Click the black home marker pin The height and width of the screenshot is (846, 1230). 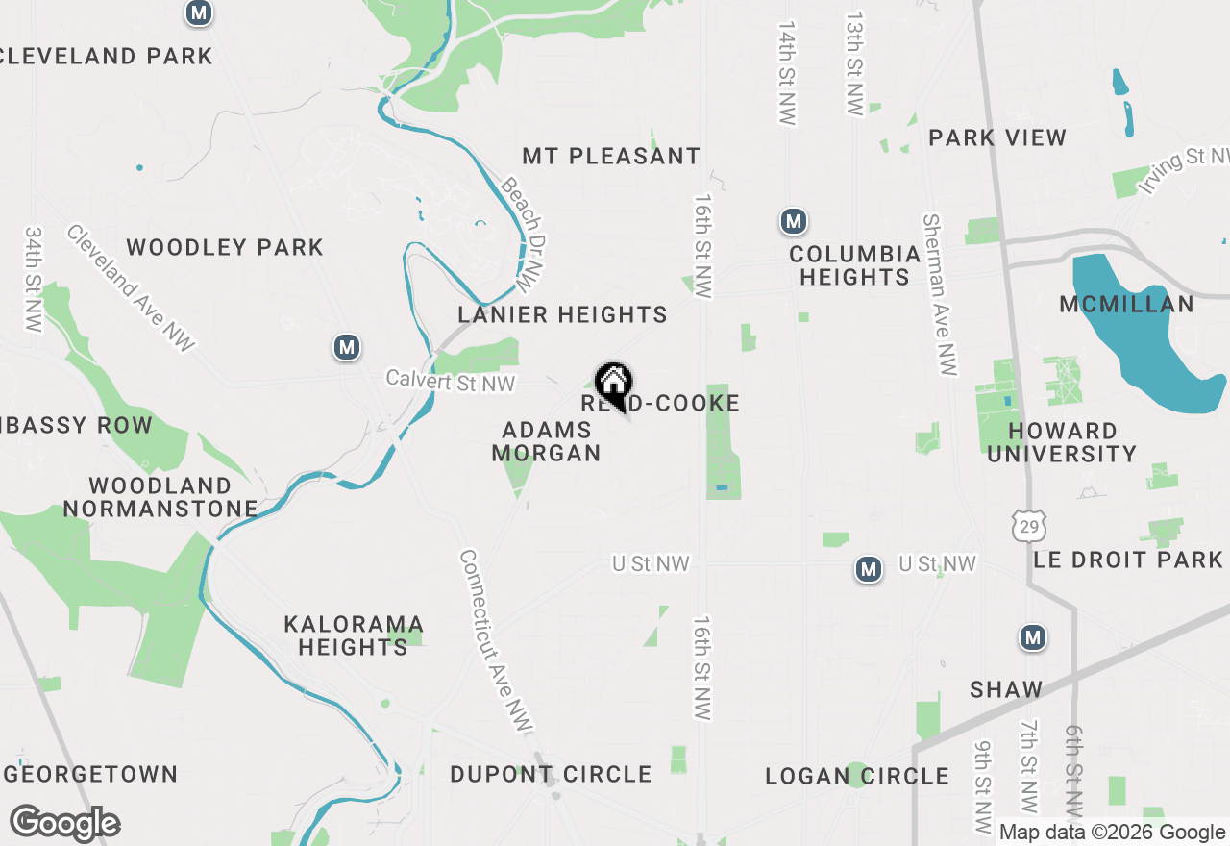[612, 385]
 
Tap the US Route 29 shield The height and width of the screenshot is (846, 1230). [1028, 525]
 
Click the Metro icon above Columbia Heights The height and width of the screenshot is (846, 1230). [793, 222]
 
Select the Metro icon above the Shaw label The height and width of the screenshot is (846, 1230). [1033, 637]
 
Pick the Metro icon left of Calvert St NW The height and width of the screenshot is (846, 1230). [347, 347]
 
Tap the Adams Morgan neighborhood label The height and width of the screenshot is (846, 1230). [546, 441]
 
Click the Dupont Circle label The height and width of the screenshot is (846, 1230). [551, 774]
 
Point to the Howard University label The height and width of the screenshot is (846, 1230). [1062, 442]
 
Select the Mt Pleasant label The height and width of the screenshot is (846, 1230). [611, 156]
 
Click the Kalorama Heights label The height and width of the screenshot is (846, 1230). [353, 635]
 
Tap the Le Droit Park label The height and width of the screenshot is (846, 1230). [1128, 560]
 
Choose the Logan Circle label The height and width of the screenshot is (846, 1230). [857, 776]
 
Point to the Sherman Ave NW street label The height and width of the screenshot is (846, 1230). [940, 294]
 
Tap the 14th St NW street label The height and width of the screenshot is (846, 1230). [788, 72]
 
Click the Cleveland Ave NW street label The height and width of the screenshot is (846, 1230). [131, 287]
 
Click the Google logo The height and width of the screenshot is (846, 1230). [65, 823]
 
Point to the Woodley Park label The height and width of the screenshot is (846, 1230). [225, 248]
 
